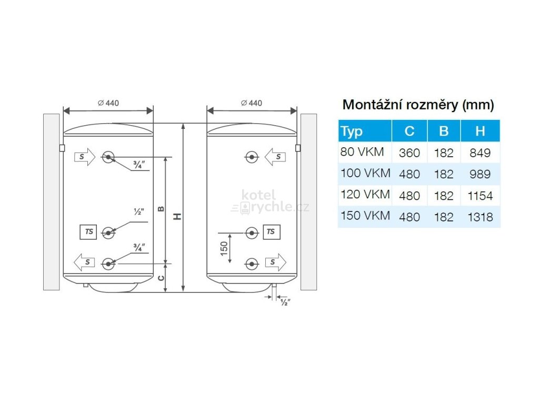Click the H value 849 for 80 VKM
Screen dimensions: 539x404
tap(480, 153)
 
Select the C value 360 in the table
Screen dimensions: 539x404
tap(410, 153)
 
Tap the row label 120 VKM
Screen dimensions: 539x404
tap(365, 195)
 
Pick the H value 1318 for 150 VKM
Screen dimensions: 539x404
tap(480, 216)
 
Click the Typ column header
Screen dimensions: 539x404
tap(352, 131)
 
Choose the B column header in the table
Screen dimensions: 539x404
tap(444, 131)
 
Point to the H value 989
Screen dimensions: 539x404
tap(480, 174)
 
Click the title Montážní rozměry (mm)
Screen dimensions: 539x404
tap(418, 105)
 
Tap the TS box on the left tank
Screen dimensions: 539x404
tap(88, 232)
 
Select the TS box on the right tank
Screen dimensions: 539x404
tap(271, 231)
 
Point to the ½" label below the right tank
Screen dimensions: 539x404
tap(286, 302)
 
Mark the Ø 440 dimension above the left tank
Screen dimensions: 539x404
tap(108, 103)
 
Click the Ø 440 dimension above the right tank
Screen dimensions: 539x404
tap(252, 103)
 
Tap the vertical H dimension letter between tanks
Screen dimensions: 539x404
tap(178, 216)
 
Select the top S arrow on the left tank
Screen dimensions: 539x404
tap(84, 156)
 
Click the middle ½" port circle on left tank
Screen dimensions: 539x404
tap(108, 233)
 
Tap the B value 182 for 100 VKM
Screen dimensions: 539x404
tap(444, 174)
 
